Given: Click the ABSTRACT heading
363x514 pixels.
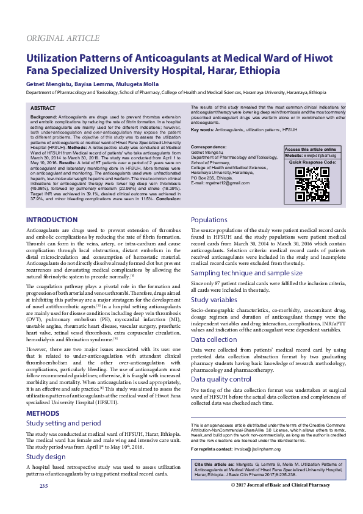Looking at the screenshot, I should pos(43,108).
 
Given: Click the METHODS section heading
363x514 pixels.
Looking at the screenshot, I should pos(42,413).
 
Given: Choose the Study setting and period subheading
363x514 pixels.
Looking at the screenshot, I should pos(63,422).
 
